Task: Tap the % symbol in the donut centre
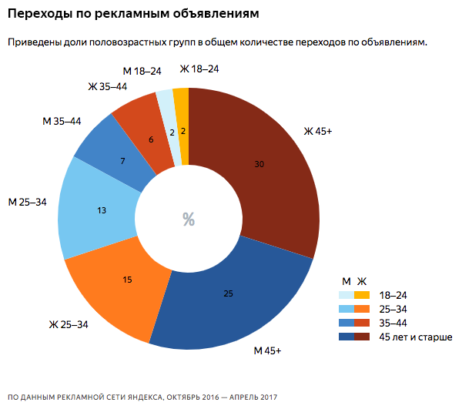click(x=189, y=220)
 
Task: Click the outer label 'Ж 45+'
click(x=317, y=131)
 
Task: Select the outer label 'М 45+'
click(x=267, y=351)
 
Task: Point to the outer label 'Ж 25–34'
click(x=69, y=324)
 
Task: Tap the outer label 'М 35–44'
click(x=61, y=121)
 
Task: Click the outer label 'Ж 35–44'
click(x=107, y=86)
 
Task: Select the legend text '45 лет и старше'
click(x=414, y=337)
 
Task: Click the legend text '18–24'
click(x=393, y=295)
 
